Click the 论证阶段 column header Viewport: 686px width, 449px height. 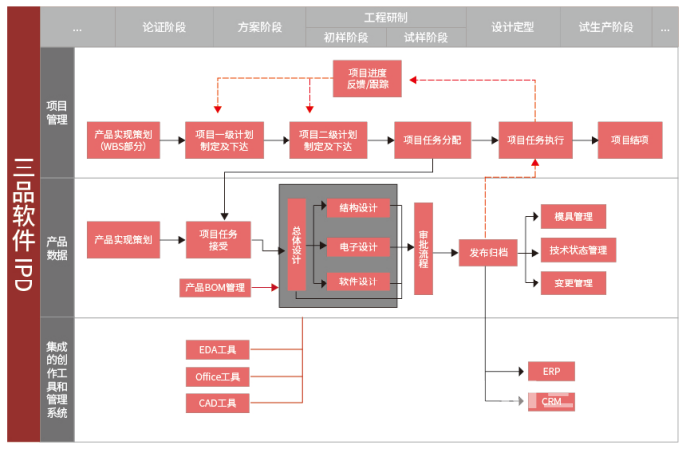[164, 27]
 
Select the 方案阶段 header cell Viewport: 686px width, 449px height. [260, 27]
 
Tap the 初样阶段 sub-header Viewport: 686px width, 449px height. [346, 38]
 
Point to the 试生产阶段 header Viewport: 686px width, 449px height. [606, 27]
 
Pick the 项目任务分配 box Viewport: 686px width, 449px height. [431, 140]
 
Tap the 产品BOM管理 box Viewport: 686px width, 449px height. [214, 288]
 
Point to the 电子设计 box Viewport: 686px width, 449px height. [358, 246]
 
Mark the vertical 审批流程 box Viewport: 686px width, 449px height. [424, 249]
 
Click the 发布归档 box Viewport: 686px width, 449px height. [489, 253]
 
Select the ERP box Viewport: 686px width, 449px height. [551, 371]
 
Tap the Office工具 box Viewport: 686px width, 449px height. [218, 377]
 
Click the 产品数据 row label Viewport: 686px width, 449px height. [57, 247]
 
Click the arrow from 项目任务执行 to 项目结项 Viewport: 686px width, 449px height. [585, 140]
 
